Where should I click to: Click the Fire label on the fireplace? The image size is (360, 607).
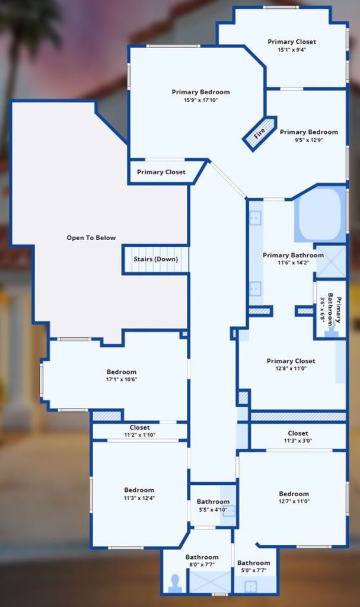click(x=259, y=133)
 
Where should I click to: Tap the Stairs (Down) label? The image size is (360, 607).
click(x=156, y=259)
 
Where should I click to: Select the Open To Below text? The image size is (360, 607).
click(x=91, y=238)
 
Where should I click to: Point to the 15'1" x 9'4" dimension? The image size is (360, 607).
click(x=292, y=50)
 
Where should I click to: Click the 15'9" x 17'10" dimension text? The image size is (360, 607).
click(x=200, y=100)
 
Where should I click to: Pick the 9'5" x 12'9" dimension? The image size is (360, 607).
click(x=309, y=140)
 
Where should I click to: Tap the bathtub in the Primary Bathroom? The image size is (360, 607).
click(x=320, y=214)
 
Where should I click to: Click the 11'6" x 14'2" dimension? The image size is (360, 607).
click(x=293, y=263)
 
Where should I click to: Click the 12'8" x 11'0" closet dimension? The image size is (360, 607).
click(x=291, y=369)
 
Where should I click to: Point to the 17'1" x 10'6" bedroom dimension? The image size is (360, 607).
click(x=122, y=379)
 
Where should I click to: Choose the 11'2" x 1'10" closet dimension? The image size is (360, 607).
click(x=139, y=435)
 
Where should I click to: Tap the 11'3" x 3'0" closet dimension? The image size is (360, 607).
click(x=298, y=440)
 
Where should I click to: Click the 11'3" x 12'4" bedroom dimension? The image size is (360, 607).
click(x=139, y=498)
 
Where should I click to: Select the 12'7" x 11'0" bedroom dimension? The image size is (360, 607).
click(x=294, y=501)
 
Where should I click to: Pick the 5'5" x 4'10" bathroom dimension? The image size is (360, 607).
click(x=213, y=509)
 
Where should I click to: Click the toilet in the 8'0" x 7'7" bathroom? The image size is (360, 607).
click(x=175, y=583)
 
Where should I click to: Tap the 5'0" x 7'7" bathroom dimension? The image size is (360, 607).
click(x=253, y=570)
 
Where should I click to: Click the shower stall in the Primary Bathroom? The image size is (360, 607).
click(x=330, y=261)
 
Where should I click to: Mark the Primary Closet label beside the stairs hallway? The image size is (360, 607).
click(x=161, y=172)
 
